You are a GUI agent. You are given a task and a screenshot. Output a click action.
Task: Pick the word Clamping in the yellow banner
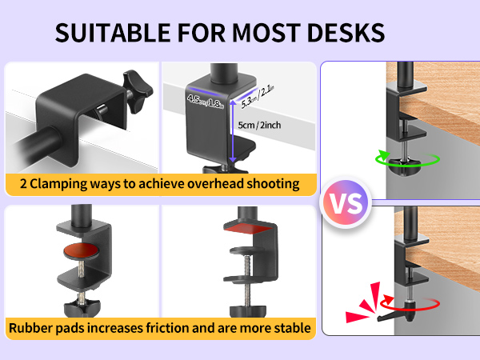click(59, 184)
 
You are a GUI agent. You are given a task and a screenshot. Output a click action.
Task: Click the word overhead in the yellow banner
click(214, 184)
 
